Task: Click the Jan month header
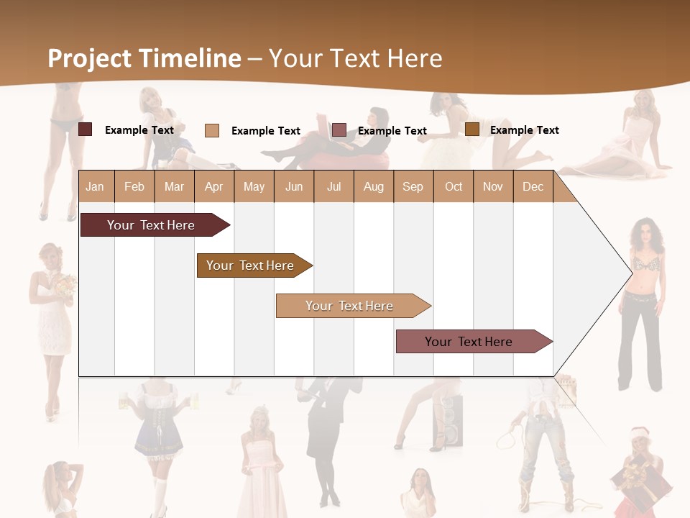95,186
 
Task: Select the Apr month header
214,186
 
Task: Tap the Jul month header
333,186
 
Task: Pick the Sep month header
413,186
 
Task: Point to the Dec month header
533,186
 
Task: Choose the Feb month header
134,186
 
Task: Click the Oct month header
454,186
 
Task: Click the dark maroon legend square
86,129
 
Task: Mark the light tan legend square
212,130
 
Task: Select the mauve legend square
339,130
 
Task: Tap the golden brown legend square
472,129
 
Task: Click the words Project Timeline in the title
144,58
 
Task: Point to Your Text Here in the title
356,58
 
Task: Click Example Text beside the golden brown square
524,130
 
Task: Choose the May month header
254,186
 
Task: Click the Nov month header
493,186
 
